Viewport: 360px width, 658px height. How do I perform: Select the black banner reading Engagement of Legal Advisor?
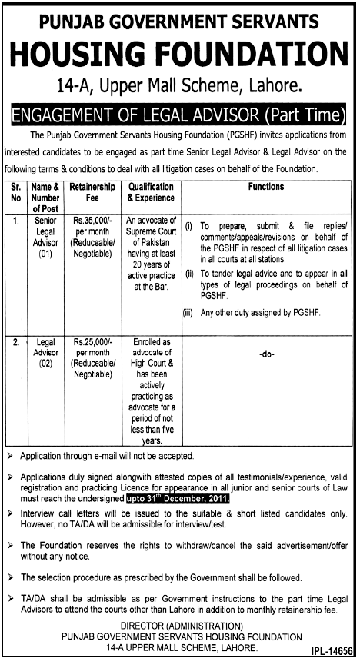tap(179, 116)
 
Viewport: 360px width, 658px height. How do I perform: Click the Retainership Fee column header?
tap(92, 191)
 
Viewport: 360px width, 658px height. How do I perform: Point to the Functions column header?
tap(266, 187)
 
